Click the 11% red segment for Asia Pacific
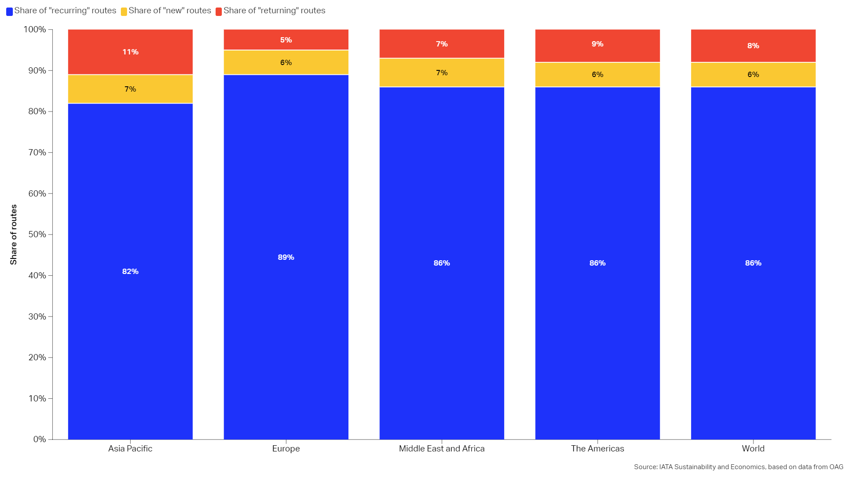point(130,52)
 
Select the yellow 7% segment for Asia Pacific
point(130,89)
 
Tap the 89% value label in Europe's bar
point(286,257)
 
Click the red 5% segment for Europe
point(286,40)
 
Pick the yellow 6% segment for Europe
point(286,62)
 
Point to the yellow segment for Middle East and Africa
point(441,73)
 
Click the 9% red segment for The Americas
point(597,44)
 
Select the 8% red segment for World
point(753,46)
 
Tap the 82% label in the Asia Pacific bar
point(130,271)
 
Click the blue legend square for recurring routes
point(9,12)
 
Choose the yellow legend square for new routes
point(124,12)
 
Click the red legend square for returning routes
point(219,12)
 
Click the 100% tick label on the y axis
point(35,30)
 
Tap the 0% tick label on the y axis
point(39,439)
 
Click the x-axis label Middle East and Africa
point(441,449)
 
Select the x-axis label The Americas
point(597,449)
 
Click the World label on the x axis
point(753,449)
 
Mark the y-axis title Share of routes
point(14,235)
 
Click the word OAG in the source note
point(836,467)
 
